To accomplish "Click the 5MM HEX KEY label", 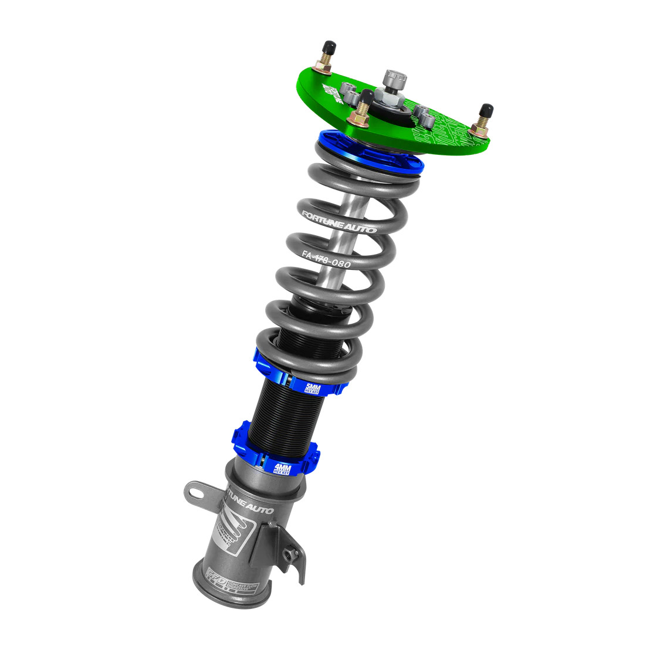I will (x=314, y=388).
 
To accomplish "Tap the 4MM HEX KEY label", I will (x=283, y=468).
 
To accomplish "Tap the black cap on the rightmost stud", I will (x=486, y=111).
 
